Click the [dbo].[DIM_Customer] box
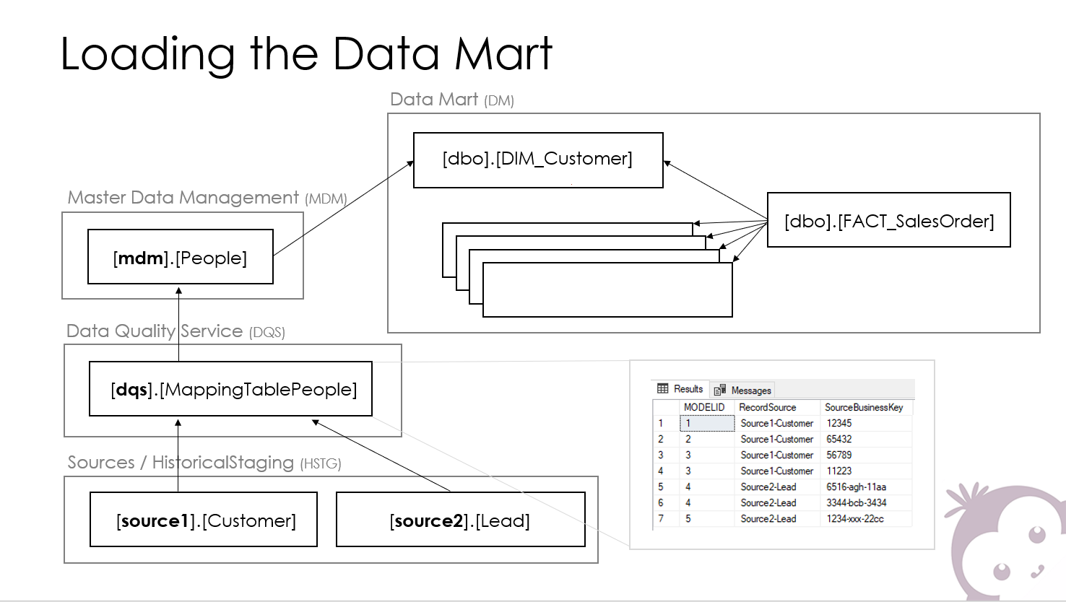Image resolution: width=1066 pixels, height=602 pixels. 538,160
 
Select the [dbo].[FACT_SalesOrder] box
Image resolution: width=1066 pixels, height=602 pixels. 889,219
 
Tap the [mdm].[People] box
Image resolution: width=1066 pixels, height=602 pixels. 181,257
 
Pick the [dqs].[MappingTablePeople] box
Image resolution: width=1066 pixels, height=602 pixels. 231,389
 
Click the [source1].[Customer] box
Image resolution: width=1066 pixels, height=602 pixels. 204,519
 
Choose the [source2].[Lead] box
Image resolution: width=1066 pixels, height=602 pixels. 461,519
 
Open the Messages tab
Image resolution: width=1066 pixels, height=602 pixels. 743,390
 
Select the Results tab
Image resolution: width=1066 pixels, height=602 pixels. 680,389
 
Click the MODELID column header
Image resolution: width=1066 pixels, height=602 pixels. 704,408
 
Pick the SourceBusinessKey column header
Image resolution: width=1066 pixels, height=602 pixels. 864,408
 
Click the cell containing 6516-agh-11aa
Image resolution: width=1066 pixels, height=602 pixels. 856,487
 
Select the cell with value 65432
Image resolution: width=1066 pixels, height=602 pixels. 839,439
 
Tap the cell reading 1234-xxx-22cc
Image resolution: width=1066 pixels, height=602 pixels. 855,519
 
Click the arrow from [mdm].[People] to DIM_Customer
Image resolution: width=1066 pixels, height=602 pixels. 344,209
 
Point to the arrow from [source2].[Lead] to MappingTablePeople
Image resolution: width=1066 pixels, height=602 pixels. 381,455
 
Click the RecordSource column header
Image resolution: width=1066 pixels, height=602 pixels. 767,408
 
